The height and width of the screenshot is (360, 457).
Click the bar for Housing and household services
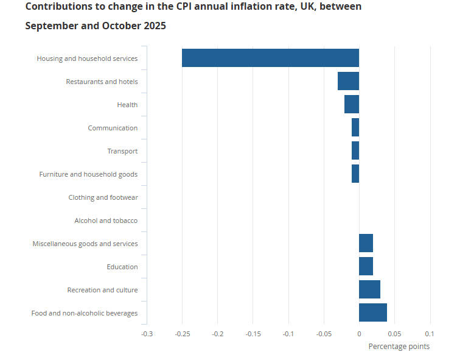(x=270, y=58)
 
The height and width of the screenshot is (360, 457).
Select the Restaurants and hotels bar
(x=348, y=81)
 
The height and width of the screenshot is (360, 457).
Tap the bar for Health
(x=351, y=104)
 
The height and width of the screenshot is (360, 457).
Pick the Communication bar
(x=355, y=127)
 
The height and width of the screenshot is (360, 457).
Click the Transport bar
(x=355, y=150)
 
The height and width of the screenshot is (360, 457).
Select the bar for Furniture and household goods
(x=355, y=174)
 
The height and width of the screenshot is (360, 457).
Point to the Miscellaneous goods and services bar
(x=366, y=243)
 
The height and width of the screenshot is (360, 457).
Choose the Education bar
(x=366, y=266)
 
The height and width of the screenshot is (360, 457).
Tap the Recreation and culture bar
(x=369, y=289)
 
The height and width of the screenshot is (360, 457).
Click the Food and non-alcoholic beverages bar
(x=372, y=312)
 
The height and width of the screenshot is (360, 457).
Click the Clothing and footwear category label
(x=103, y=197)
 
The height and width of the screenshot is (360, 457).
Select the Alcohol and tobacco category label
(x=106, y=221)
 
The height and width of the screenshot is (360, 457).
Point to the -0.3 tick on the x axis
(x=147, y=334)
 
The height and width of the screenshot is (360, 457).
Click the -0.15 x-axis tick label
(x=253, y=334)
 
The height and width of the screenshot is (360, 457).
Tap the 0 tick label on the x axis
(x=359, y=334)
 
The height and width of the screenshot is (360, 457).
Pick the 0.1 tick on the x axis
(x=429, y=334)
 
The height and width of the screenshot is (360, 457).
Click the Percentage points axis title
(x=399, y=347)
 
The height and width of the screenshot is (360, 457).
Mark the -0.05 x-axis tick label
(x=323, y=334)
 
